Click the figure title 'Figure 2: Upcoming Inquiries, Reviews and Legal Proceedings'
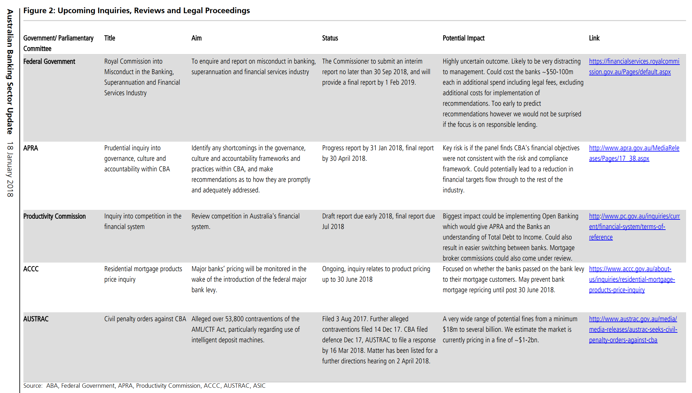pos(136,11)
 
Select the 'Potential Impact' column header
pos(463,38)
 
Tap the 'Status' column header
pos(330,38)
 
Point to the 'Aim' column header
pos(196,38)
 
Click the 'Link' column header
pos(594,38)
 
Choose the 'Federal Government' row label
pos(49,62)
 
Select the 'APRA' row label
pos(31,148)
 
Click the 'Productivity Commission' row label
pos(54,216)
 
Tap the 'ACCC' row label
pos(31,269)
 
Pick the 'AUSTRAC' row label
pos(36,319)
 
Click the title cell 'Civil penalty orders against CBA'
pos(145,319)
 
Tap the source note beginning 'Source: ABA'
pos(144,386)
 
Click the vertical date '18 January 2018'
pos(10,169)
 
